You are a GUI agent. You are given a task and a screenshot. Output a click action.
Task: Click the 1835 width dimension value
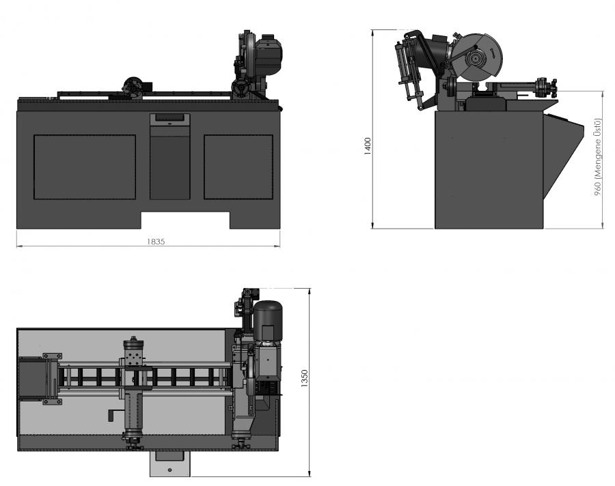pos(157,241)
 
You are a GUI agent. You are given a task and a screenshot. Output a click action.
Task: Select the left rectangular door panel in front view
pos(85,167)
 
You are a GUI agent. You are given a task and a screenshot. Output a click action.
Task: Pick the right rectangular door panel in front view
pos(238,167)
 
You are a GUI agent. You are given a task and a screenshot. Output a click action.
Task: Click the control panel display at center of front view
pos(170,119)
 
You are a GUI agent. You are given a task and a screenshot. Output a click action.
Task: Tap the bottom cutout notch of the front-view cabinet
pos(185,220)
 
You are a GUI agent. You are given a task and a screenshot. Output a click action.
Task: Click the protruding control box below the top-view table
pos(169,463)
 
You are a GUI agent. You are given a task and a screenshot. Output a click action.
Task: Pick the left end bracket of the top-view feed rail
pos(49,378)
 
